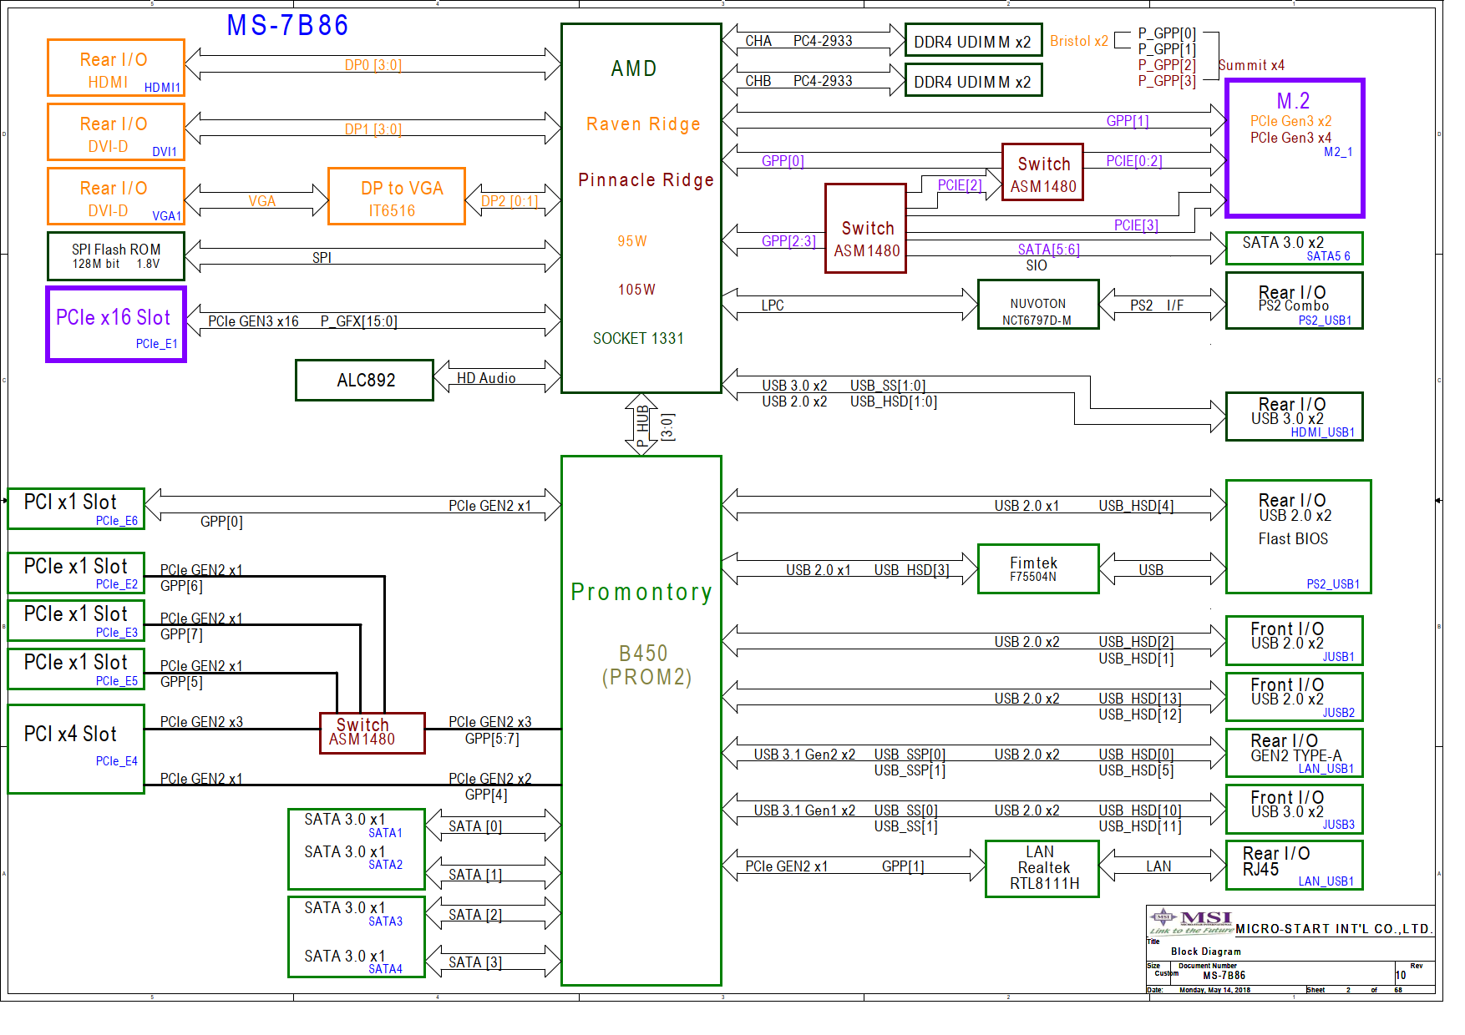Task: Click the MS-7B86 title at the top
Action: [x=287, y=25]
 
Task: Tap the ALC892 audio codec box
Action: [x=364, y=381]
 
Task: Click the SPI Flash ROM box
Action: [x=116, y=256]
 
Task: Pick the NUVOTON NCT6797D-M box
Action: [x=1038, y=305]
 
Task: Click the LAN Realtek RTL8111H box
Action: [x=1042, y=869]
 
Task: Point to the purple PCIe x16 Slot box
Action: [x=116, y=325]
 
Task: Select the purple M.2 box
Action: [x=1295, y=149]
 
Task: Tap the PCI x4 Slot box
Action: [x=76, y=749]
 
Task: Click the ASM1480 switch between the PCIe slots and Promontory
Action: [x=373, y=733]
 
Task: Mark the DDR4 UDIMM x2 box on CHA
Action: [x=974, y=40]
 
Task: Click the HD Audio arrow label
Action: [x=486, y=378]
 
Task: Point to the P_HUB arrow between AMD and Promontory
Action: [x=641, y=424]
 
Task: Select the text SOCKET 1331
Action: [x=638, y=338]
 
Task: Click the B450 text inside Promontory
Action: [x=643, y=653]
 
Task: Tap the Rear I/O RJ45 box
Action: [x=1295, y=865]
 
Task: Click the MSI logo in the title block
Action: [x=1191, y=922]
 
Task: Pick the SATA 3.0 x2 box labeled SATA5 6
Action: [x=1295, y=249]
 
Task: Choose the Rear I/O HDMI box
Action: [x=116, y=68]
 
